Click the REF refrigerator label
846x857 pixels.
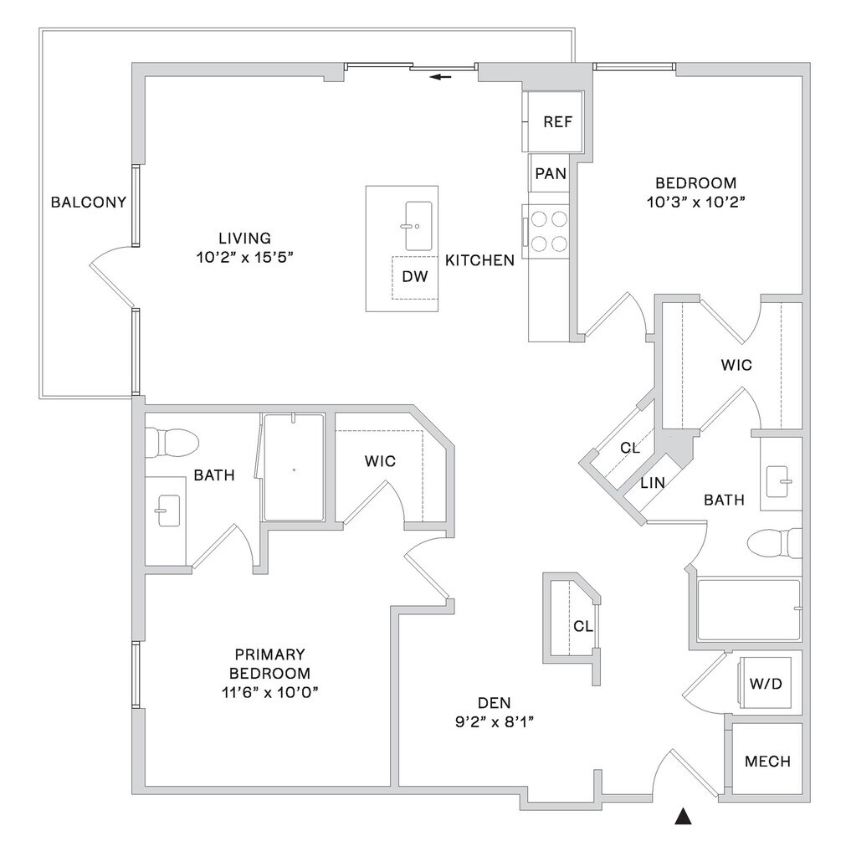pos(557,121)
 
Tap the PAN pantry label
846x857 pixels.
pos(551,174)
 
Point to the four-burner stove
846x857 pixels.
pos(548,231)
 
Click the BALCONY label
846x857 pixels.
pos(89,202)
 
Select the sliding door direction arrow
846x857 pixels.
pos(441,78)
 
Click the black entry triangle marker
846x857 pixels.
pos(684,817)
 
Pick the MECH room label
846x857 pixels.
pos(767,761)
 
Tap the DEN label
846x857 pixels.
pos(494,702)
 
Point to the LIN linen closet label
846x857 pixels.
pos(652,483)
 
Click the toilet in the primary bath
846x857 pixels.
pos(172,441)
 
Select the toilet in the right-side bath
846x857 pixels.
pos(774,544)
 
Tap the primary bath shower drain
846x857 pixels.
pos(294,470)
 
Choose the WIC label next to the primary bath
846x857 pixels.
pos(379,461)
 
